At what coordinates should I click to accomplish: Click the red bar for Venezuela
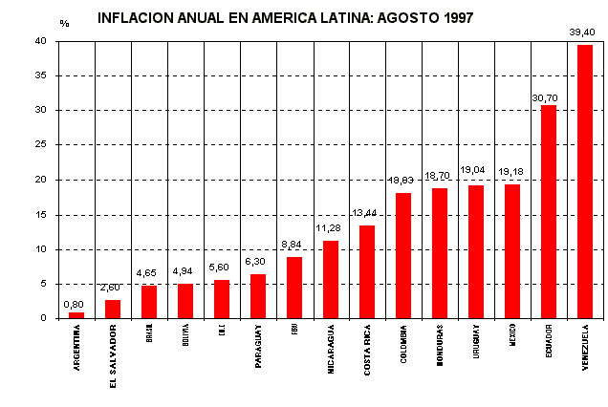(585, 182)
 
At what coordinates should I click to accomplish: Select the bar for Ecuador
(549, 211)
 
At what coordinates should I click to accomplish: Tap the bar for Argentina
(76, 315)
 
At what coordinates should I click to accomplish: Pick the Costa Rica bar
(367, 271)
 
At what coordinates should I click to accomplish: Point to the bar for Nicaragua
(331, 279)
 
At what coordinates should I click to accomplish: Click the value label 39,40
(582, 32)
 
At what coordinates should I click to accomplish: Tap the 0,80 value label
(74, 304)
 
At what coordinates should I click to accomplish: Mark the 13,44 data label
(364, 214)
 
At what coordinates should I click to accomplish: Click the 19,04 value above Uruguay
(473, 170)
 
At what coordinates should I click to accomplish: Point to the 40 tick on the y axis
(40, 41)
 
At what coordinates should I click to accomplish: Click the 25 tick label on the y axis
(40, 145)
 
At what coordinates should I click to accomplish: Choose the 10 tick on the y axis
(40, 249)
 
